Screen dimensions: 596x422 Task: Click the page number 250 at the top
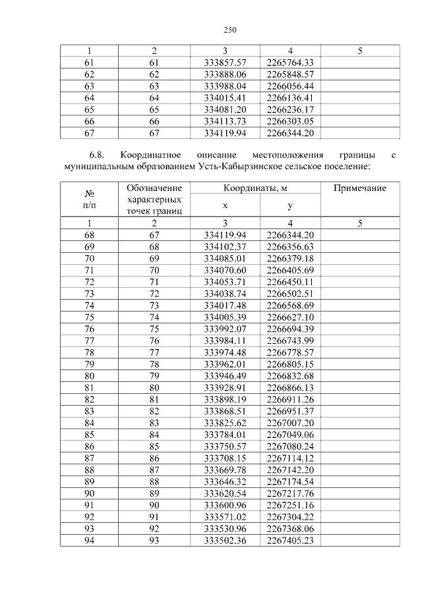click(x=229, y=30)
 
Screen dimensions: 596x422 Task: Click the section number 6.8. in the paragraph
click(x=98, y=155)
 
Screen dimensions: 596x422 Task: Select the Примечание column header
click(x=359, y=188)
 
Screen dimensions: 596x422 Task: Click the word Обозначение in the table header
click(x=154, y=188)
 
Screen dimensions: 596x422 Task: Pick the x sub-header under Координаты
click(x=225, y=205)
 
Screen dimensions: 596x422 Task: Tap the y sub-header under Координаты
click(x=290, y=205)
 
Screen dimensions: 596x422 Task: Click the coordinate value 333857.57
click(x=225, y=62)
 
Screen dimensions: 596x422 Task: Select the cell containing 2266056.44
click(x=290, y=86)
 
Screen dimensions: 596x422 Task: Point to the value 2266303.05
click(x=290, y=121)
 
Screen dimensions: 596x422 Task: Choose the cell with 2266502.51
click(x=290, y=293)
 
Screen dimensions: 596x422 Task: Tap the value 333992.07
click(x=225, y=328)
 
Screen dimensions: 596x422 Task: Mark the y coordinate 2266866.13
click(x=290, y=387)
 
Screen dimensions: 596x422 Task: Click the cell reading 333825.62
click(x=225, y=422)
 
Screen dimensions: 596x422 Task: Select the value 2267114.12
click(x=290, y=458)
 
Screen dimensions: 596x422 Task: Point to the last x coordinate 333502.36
click(x=225, y=540)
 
